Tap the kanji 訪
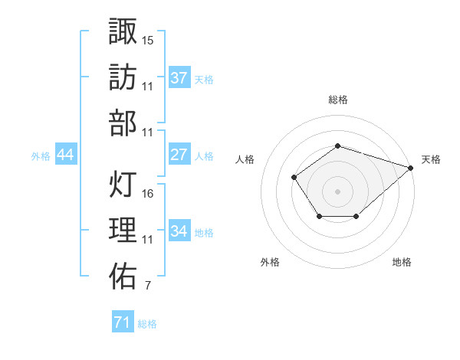tap(123, 77)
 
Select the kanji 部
tap(123, 123)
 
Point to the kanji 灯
tap(123, 184)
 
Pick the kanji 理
tap(123, 231)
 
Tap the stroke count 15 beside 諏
tap(148, 39)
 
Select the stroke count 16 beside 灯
tap(148, 193)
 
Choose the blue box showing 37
tap(179, 78)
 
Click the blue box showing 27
tap(179, 155)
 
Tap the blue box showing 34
tap(179, 231)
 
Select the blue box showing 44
tap(66, 155)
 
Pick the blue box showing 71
tap(122, 322)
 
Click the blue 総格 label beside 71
tap(147, 324)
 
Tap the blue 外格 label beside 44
tap(41, 156)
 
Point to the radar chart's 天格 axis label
tap(431, 159)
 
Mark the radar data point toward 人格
tap(294, 178)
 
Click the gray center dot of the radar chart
tap(337, 191)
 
